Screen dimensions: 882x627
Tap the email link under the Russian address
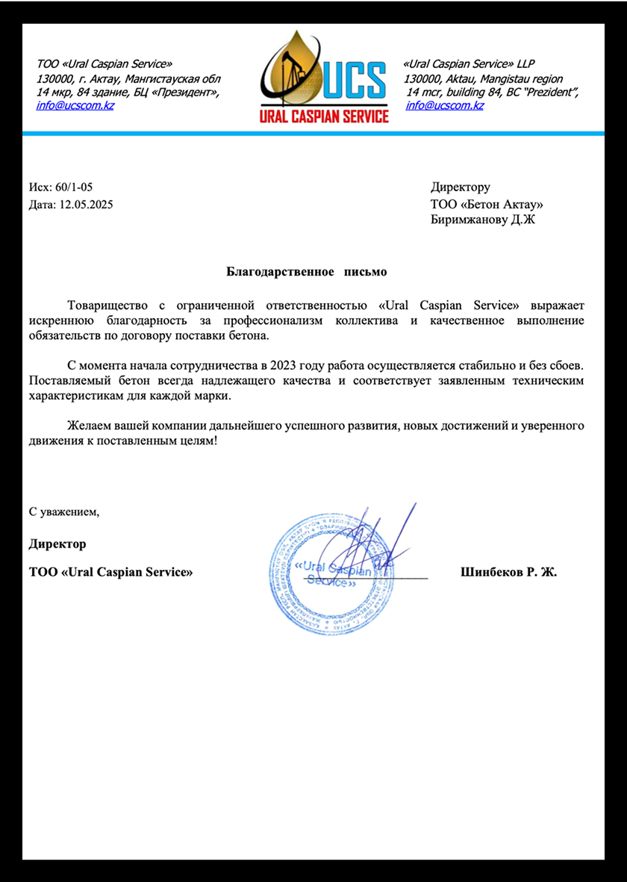point(75,105)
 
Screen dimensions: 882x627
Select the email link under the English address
point(444,105)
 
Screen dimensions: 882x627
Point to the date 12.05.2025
point(85,204)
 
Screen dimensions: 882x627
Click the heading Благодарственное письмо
point(307,272)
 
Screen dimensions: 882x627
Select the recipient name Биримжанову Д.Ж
point(482,220)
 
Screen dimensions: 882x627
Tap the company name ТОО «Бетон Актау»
point(487,204)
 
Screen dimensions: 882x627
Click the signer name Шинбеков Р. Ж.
point(509,572)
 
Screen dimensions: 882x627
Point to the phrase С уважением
point(64,512)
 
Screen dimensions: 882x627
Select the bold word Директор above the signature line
point(57,544)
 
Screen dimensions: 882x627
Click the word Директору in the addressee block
point(460,187)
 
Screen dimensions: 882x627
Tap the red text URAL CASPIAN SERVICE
point(324,117)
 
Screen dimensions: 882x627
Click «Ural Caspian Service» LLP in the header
point(468,64)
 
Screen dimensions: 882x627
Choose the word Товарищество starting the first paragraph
point(102,305)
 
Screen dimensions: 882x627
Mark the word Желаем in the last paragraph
point(87,426)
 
